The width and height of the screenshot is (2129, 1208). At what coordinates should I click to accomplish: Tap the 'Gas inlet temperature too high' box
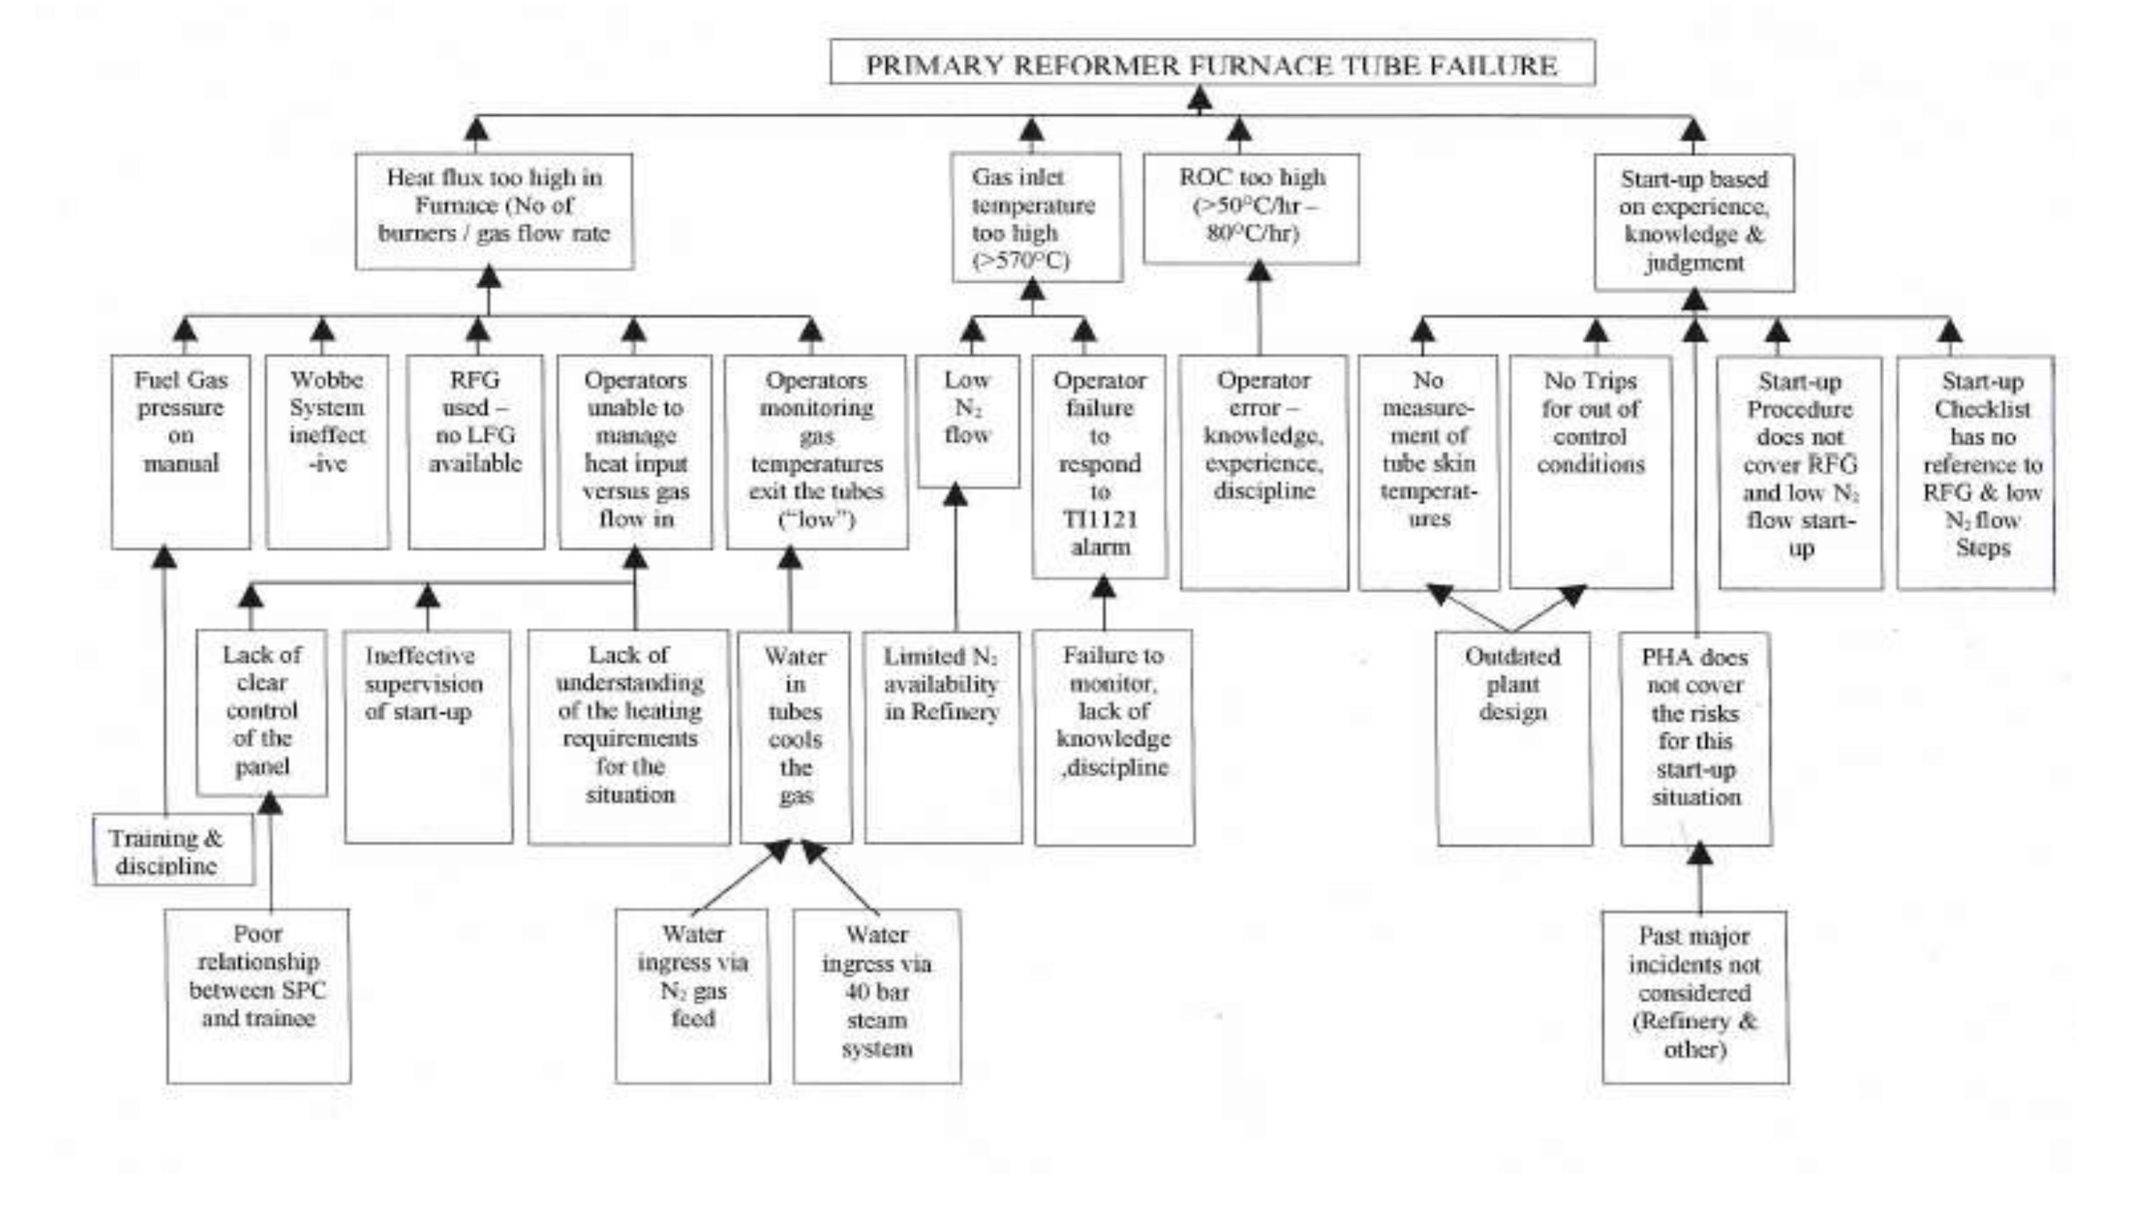point(1036,216)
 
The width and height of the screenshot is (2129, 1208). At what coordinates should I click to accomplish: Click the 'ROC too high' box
point(1251,207)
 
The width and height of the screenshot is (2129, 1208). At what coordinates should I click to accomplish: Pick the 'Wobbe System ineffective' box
point(327,451)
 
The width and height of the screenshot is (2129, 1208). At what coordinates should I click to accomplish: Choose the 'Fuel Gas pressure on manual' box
point(181,451)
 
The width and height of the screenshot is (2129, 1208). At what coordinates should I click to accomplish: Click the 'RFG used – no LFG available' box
point(475,451)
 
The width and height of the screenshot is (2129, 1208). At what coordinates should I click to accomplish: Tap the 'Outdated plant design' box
point(1514,738)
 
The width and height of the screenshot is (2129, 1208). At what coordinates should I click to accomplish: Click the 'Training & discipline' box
point(172,850)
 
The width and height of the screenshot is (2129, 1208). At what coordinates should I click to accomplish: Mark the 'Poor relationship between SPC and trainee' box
point(258,996)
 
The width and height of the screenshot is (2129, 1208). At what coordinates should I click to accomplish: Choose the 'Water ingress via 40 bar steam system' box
point(877,996)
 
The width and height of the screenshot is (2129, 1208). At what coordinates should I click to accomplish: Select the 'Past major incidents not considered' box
point(1694,996)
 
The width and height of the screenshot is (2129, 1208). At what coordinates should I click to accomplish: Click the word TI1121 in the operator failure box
point(1100,519)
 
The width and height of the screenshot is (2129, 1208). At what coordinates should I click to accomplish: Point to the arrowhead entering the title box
point(1199,99)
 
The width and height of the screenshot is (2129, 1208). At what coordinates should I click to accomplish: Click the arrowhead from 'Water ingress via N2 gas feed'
point(779,850)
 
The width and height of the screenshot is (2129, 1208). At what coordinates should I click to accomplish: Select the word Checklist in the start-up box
point(1982,409)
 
